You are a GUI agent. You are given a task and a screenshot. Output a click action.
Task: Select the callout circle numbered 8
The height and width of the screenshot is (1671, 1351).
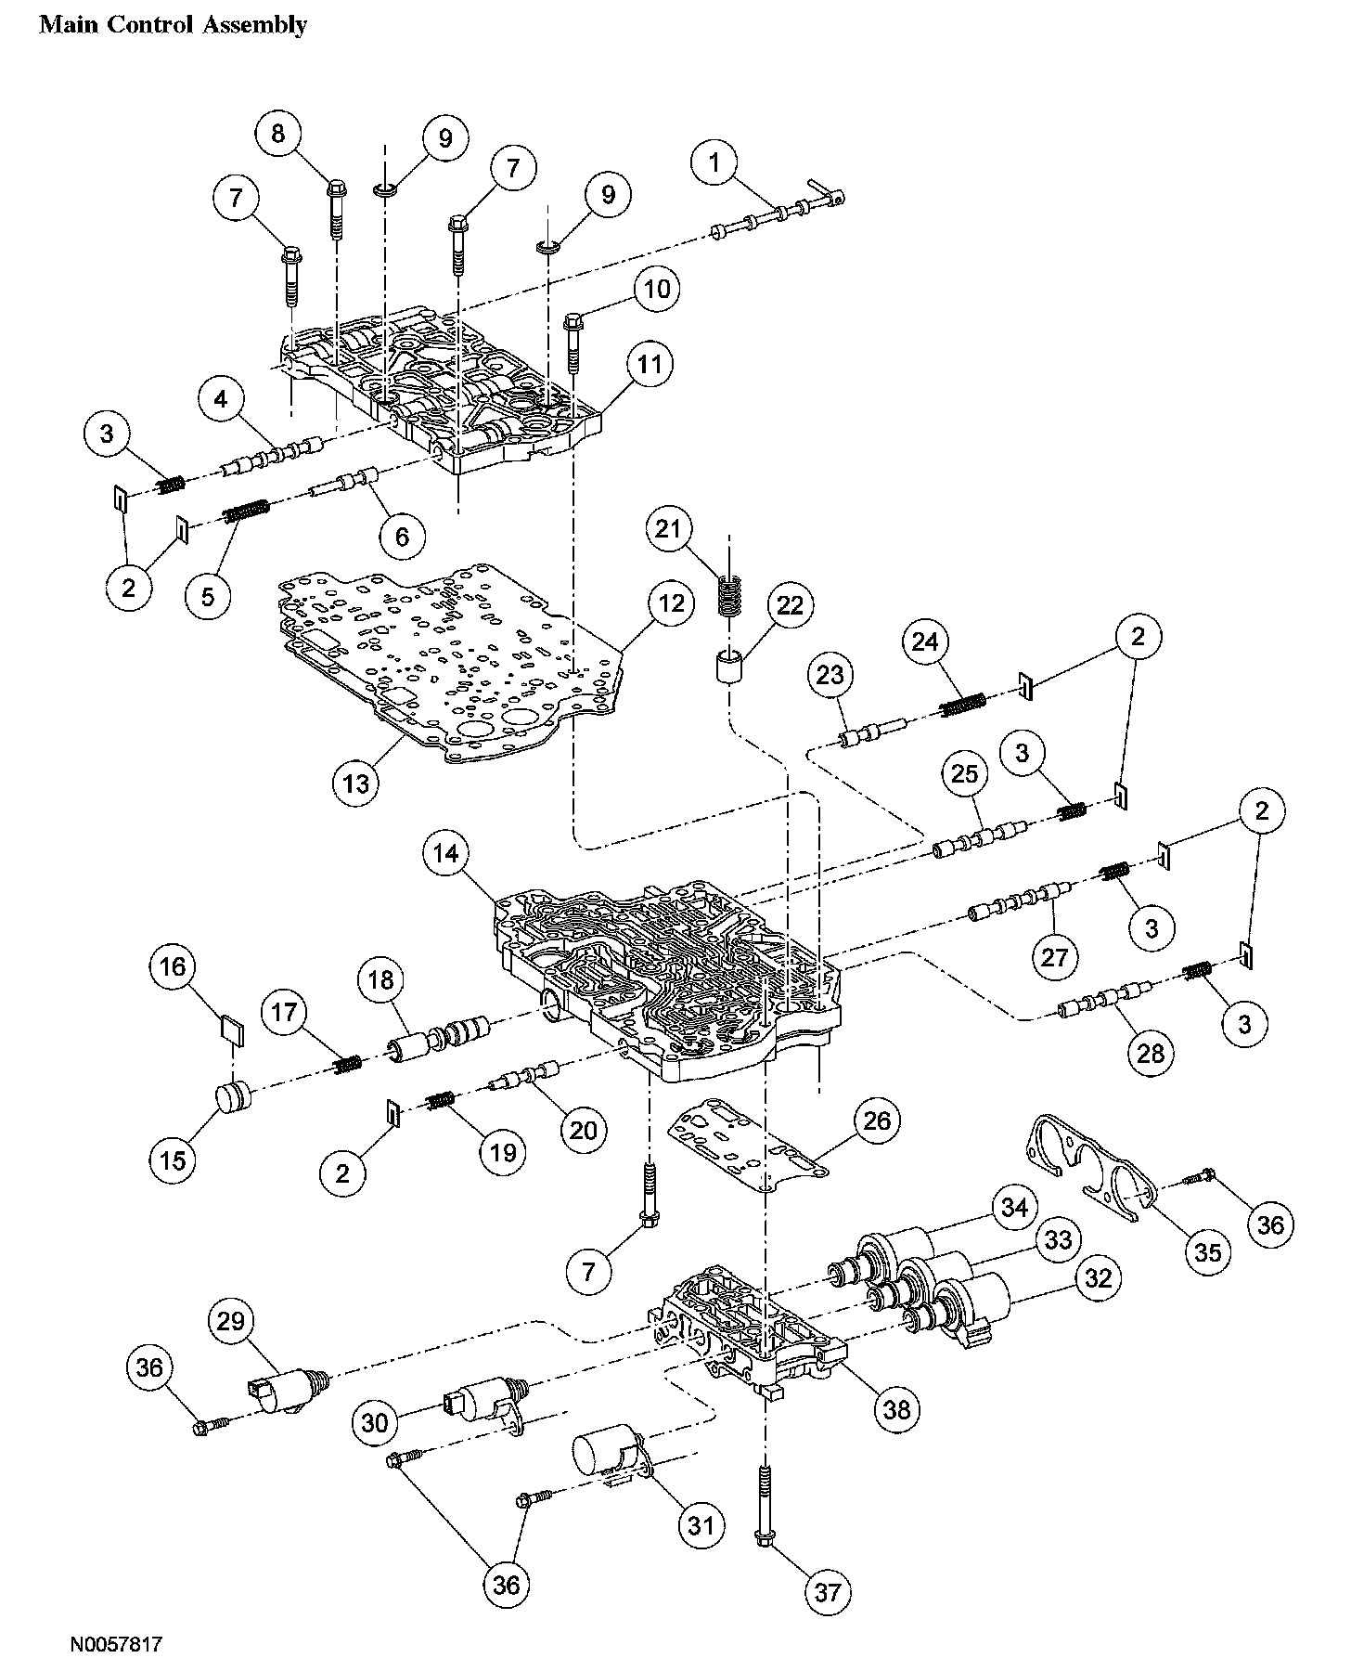point(277,134)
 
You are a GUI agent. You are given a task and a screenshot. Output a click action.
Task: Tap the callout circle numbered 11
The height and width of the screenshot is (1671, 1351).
point(650,365)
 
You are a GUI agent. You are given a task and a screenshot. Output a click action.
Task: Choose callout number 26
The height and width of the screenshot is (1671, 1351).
point(876,1121)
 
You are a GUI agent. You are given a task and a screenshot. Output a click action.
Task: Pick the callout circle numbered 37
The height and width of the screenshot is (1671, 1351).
point(827,1592)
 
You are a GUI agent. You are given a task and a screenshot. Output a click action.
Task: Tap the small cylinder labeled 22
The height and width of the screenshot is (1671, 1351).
point(728,668)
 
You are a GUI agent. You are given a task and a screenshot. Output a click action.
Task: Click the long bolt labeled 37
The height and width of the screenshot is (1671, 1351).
point(765,1505)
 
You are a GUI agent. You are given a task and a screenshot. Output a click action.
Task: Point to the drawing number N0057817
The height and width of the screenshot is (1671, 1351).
point(116,1645)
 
